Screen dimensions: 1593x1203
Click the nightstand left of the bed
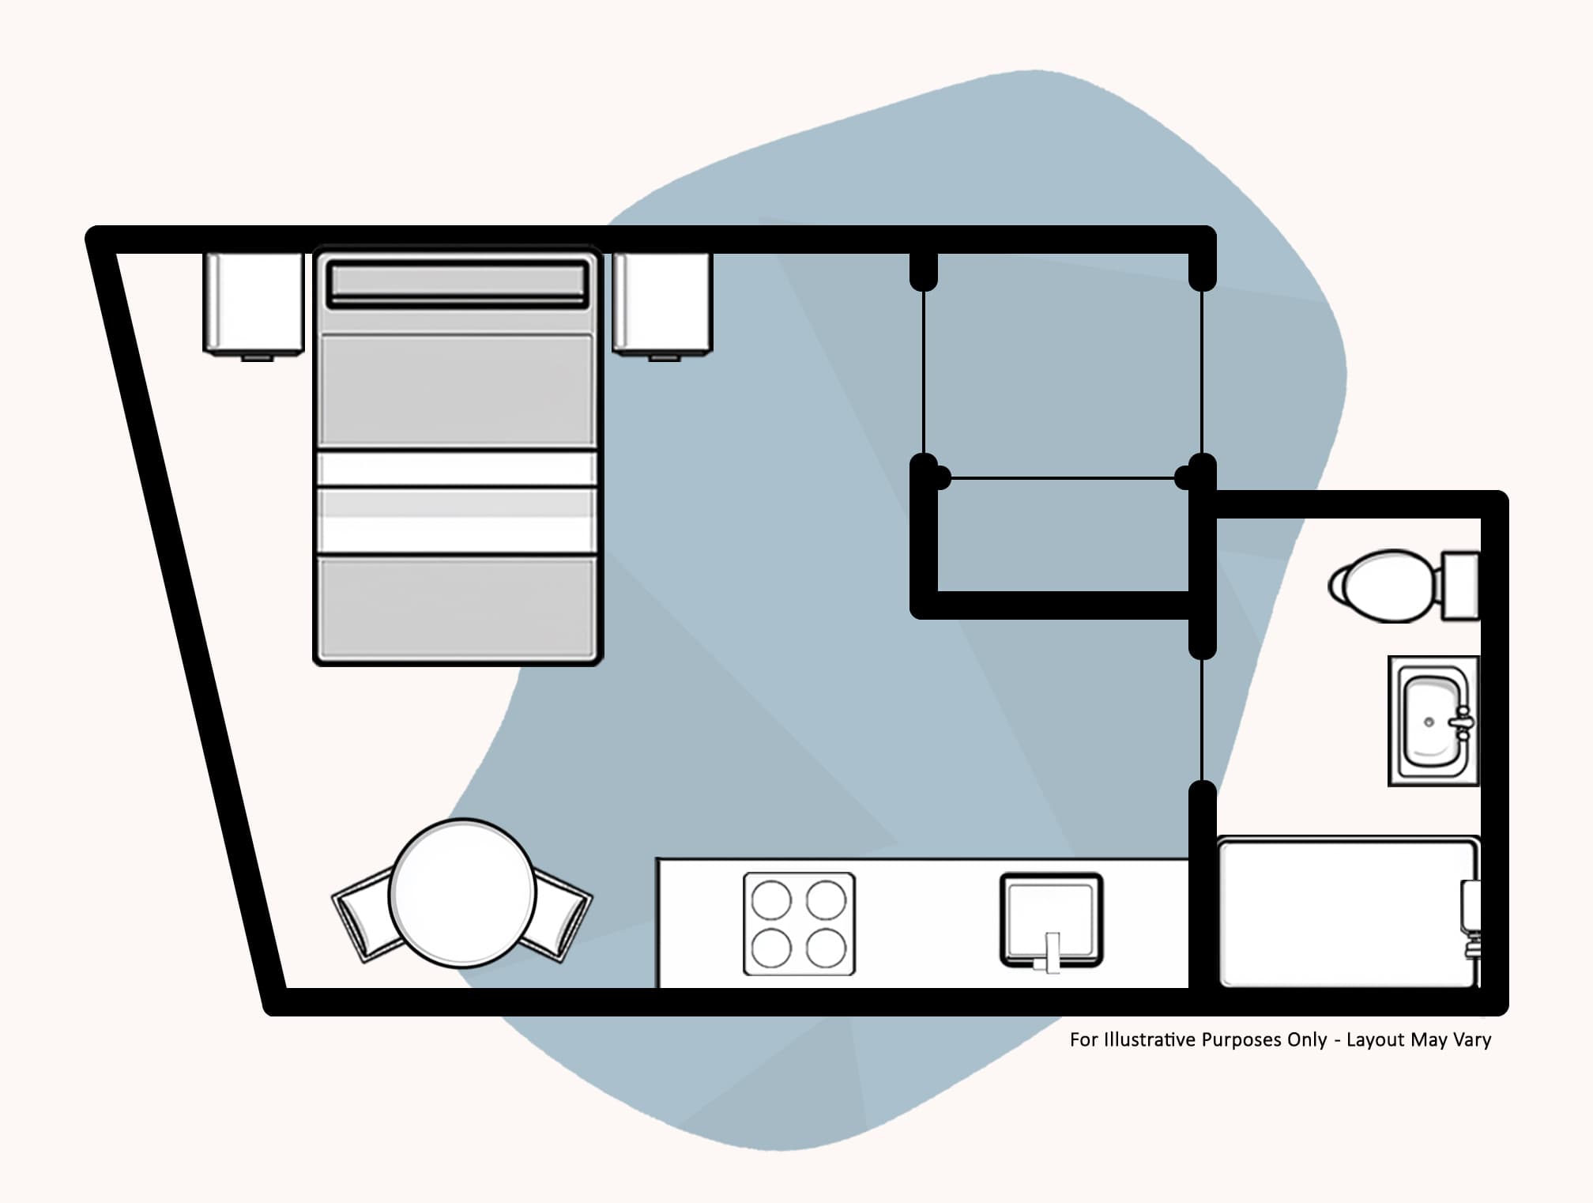254,305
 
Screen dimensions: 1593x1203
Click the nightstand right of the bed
662,305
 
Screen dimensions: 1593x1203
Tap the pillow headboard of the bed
458,283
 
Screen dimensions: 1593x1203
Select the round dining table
463,893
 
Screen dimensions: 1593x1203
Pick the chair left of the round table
365,915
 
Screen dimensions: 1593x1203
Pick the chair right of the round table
559,915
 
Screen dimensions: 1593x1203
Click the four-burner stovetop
799,924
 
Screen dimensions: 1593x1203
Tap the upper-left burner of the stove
771,899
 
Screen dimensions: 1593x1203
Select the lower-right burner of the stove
827,948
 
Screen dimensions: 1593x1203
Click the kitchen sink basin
1051,919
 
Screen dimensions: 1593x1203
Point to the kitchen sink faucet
1049,952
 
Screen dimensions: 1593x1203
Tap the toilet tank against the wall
1460,586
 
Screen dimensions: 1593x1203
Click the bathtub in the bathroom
1348,913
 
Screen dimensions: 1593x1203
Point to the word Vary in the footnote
1471,1040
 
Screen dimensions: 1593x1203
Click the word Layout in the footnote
1376,1040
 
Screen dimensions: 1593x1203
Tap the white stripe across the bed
457,468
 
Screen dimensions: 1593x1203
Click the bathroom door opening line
1202,719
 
